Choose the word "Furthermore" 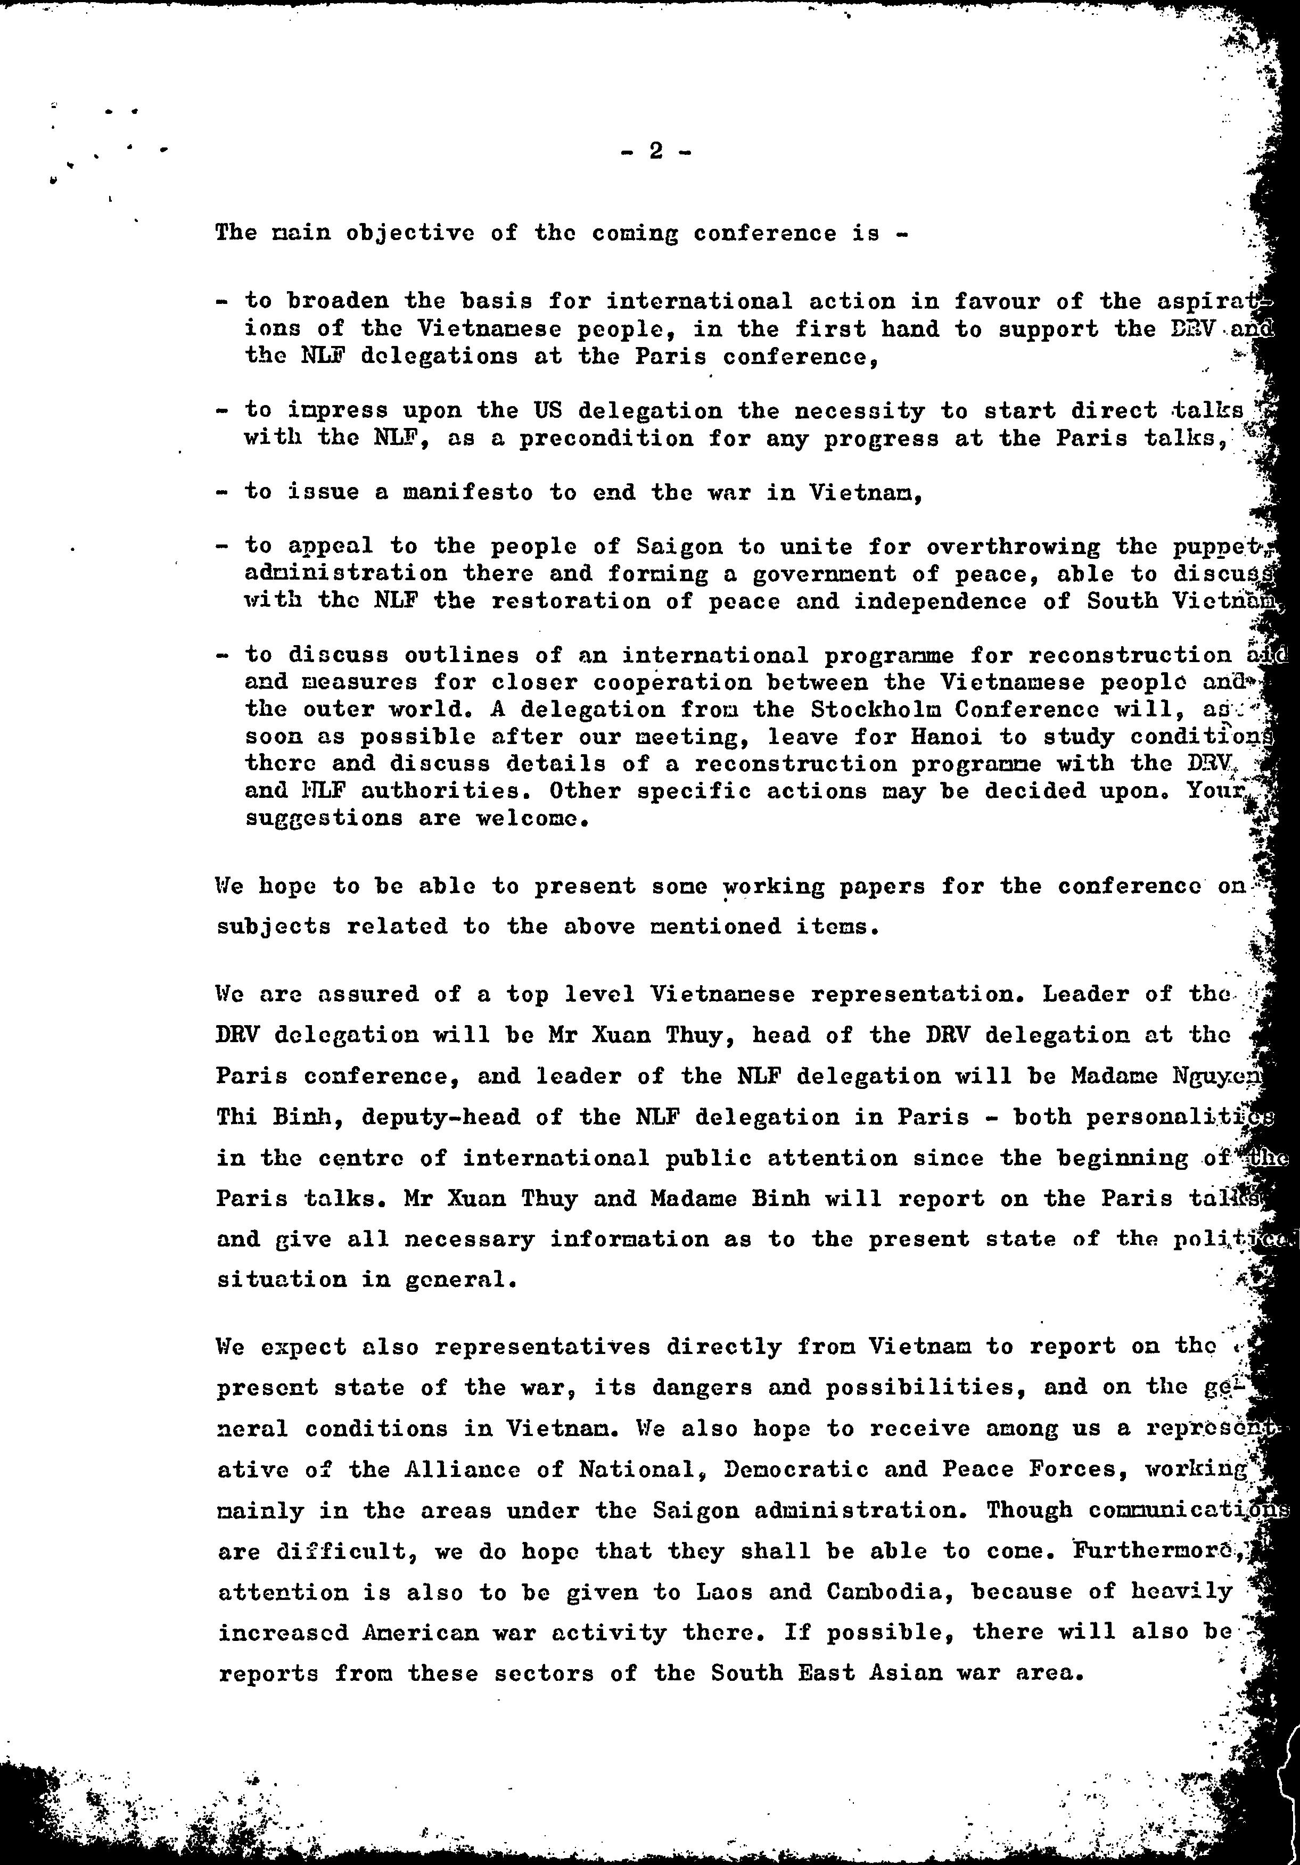pos(1158,1550)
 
